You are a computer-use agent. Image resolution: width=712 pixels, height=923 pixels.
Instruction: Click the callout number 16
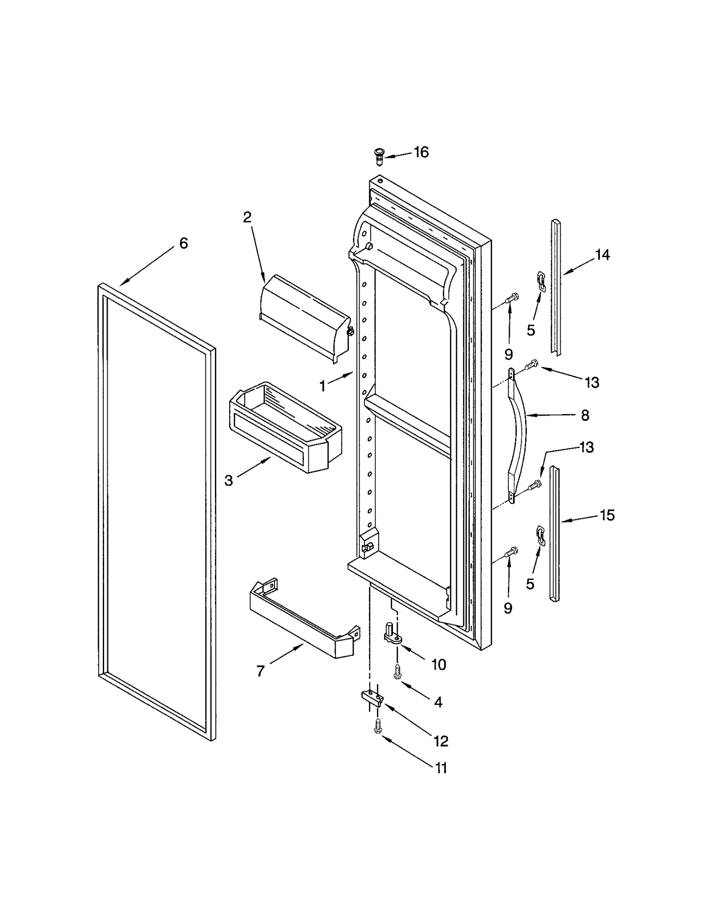click(421, 153)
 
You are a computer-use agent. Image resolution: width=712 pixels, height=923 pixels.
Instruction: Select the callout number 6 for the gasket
click(183, 243)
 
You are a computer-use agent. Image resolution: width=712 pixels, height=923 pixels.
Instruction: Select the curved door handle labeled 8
click(518, 436)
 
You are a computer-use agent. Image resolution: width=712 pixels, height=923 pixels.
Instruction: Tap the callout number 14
click(603, 255)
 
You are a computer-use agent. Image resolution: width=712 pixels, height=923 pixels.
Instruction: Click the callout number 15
click(607, 515)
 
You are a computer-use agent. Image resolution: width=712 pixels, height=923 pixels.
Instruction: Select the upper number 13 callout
click(591, 382)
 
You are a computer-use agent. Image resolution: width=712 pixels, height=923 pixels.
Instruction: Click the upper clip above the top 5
click(541, 281)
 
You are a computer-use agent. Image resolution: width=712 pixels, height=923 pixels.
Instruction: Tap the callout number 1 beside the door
click(323, 386)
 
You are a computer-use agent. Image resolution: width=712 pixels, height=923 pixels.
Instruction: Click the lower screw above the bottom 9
click(511, 552)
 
